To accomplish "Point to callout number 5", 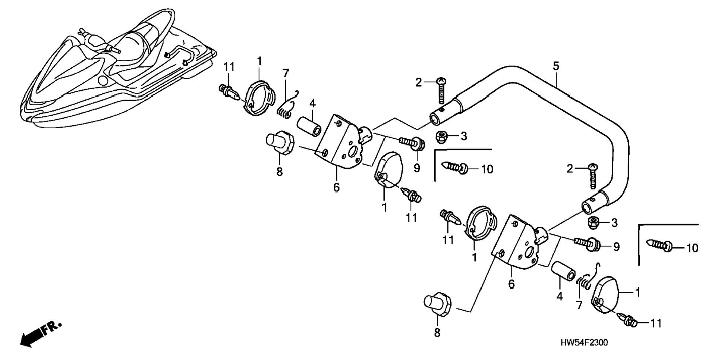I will click(x=556, y=67).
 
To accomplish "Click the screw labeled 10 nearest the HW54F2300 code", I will click(x=659, y=245).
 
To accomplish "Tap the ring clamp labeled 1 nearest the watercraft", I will click(x=259, y=98).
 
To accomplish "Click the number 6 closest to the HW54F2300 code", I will click(x=511, y=284).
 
